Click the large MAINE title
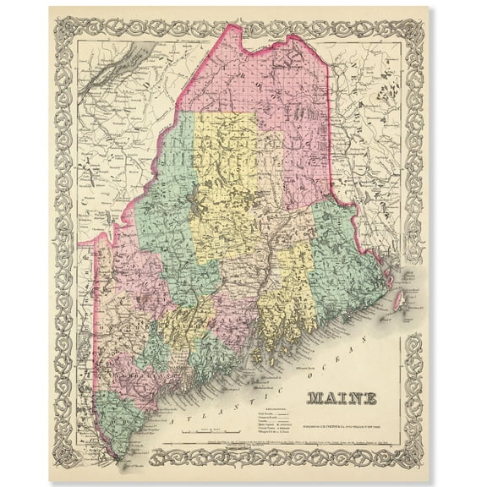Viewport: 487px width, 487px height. [x=342, y=397]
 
